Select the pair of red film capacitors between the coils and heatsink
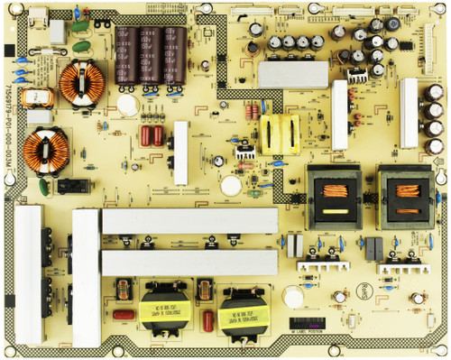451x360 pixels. (152, 136)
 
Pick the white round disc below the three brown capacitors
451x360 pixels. (129, 105)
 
